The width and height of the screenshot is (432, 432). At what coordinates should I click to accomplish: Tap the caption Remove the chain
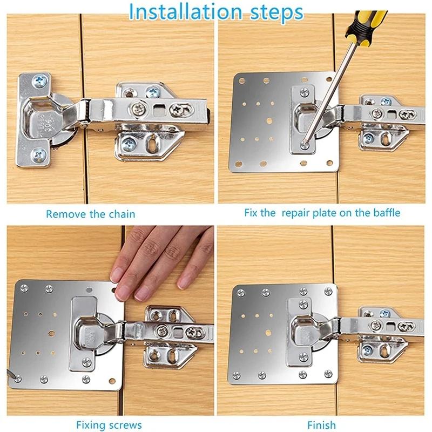90,214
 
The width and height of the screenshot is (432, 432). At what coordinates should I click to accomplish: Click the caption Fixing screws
109,425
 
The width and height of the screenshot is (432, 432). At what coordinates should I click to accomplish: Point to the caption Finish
321,425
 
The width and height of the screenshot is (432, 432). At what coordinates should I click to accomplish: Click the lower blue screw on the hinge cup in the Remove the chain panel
39,156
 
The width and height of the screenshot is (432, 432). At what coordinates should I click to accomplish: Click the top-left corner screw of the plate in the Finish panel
241,293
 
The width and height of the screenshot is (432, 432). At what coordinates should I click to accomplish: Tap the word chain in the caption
123,214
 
